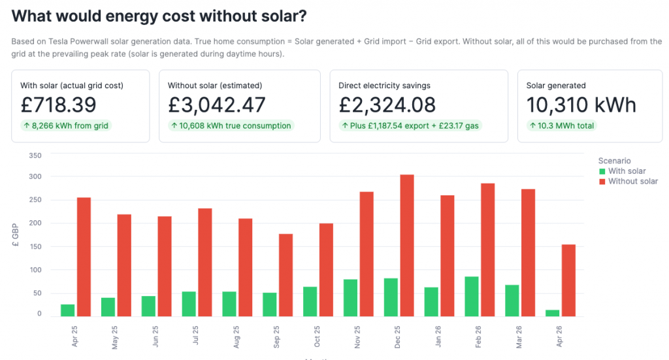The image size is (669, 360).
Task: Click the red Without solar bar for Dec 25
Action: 406,246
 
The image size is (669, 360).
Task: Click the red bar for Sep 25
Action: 286,275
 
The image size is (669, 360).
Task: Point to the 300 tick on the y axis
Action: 35,176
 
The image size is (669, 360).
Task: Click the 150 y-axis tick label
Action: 35,246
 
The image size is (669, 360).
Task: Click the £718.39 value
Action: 59,105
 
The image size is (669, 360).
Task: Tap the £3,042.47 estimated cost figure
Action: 217,105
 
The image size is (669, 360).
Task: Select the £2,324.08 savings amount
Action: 387,105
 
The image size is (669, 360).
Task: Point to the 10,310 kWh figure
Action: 581,105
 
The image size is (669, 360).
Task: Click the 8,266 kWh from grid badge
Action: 66,125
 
